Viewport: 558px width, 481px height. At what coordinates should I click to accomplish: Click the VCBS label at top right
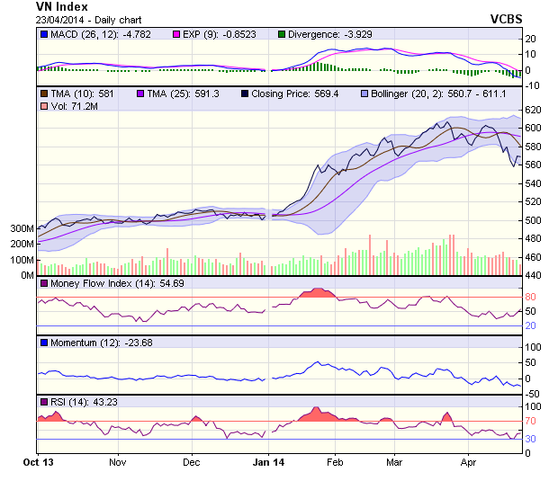(x=507, y=18)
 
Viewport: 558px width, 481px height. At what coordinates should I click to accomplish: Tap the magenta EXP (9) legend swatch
(x=175, y=34)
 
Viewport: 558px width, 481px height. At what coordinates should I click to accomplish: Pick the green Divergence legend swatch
(x=281, y=34)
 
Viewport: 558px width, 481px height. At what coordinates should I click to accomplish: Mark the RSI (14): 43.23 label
(x=82, y=401)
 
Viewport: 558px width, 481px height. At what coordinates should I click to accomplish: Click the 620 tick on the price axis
(x=534, y=110)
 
